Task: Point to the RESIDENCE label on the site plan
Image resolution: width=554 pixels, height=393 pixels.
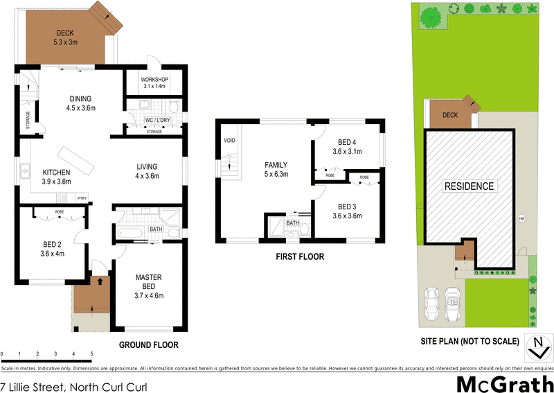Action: click(469, 186)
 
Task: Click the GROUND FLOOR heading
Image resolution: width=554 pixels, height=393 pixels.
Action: click(148, 344)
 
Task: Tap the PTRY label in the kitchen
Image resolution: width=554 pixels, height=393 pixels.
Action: click(81, 197)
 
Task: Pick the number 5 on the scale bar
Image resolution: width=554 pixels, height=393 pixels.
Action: click(91, 353)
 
